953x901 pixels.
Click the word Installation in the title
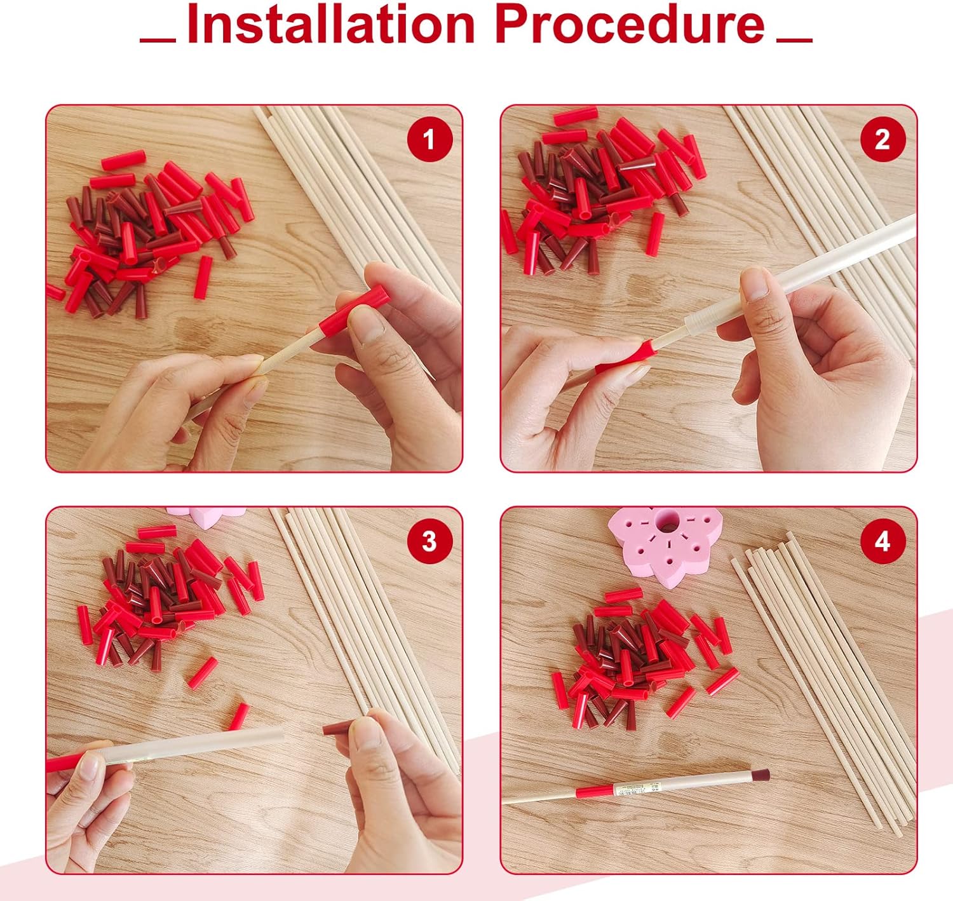pos(330,24)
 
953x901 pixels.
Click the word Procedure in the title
pos(631,24)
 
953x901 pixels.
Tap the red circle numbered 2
pos(882,140)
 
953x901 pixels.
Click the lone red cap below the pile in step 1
pos(203,277)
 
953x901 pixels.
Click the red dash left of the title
pos(158,40)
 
